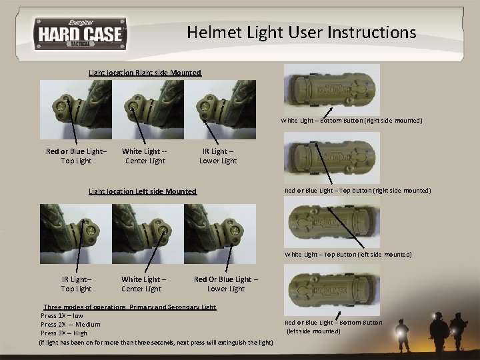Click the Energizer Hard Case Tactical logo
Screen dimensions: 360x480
(80, 32)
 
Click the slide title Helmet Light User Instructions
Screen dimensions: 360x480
(301, 32)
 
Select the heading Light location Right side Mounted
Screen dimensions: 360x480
(145, 72)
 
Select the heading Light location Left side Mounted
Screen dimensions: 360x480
(143, 191)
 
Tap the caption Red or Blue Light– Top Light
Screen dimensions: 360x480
(76, 156)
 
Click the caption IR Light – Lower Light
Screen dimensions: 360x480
(218, 156)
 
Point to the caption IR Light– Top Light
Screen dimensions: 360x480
(76, 284)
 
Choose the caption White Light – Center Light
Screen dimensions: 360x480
(143, 284)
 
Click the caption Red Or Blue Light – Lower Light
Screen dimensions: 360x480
(226, 284)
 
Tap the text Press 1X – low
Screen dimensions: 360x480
(62, 315)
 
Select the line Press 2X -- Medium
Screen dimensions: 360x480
(71, 325)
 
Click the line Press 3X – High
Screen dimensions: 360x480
(64, 333)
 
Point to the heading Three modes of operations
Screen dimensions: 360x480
(84, 307)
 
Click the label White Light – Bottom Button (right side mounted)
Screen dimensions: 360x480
(351, 121)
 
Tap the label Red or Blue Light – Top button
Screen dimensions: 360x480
(357, 191)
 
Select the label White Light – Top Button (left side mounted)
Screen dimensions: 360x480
(348, 255)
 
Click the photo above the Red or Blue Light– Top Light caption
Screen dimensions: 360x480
(76, 109)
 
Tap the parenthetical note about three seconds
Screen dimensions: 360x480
(156, 343)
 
